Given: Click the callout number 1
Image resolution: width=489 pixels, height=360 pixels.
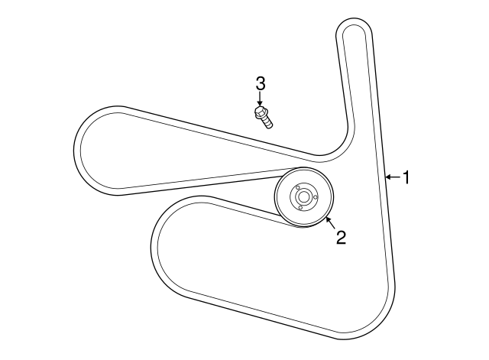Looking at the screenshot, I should pos(406,177).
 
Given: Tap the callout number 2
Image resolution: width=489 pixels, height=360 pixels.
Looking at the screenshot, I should pos(341,237).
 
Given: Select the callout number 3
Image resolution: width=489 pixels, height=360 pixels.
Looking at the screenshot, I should pos(260,83).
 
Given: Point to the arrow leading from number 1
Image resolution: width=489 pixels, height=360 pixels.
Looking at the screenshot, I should pos(393,177).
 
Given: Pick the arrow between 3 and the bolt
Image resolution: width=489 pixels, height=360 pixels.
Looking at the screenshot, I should pos(260,99).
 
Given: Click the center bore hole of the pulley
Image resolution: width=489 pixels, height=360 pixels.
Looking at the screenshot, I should pos(303,197).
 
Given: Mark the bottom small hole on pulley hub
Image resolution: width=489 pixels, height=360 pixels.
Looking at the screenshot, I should pos(300,207).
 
